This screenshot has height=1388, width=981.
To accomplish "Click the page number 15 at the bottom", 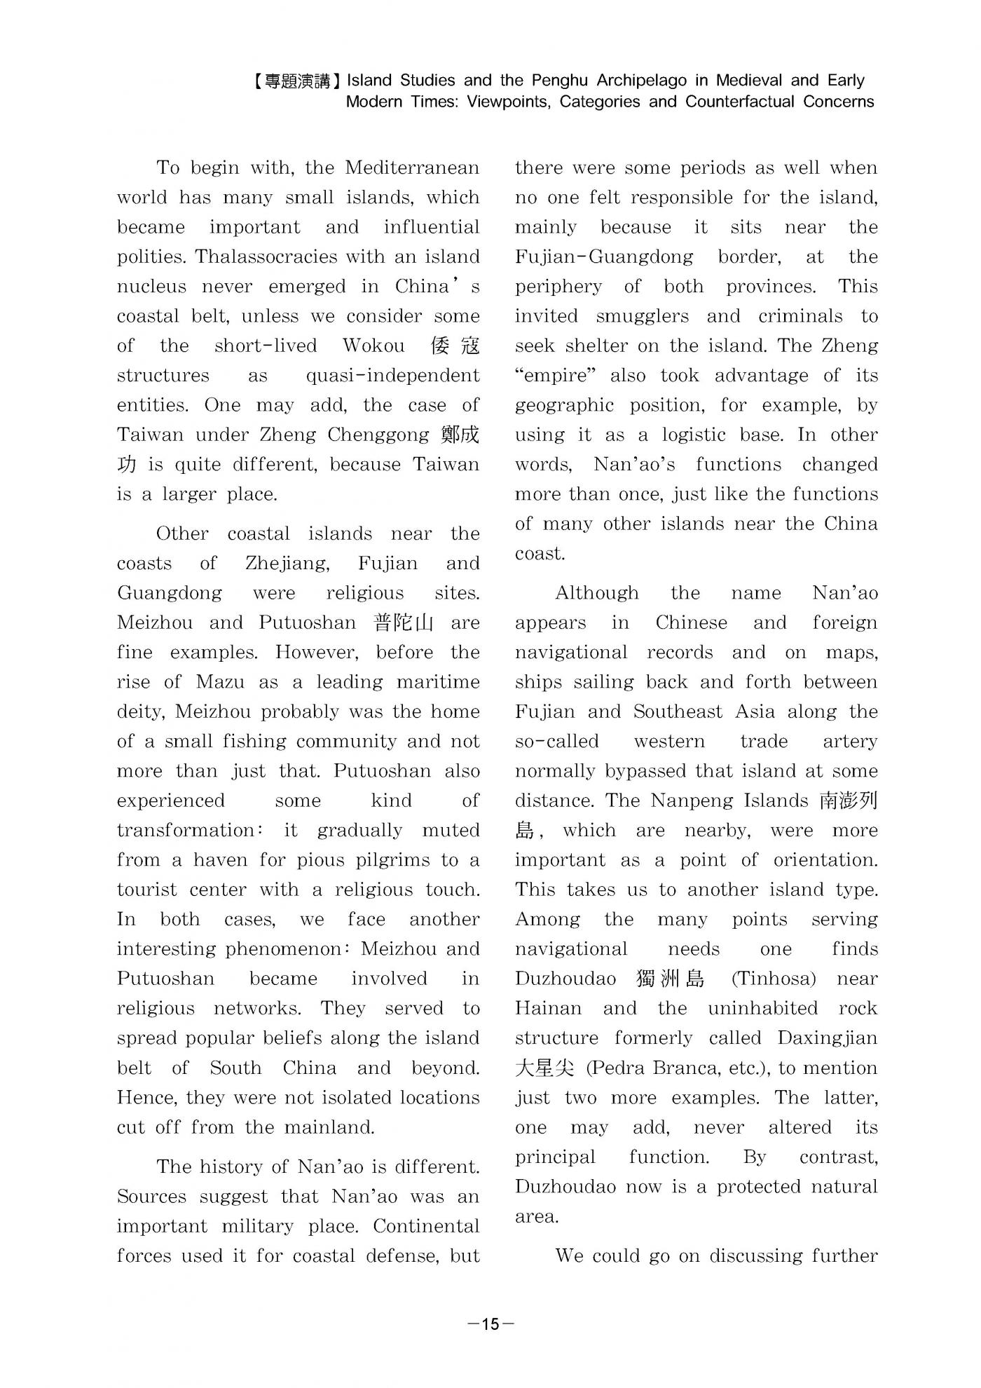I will click(x=490, y=1324).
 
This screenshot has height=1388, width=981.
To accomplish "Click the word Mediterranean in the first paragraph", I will click(x=412, y=168).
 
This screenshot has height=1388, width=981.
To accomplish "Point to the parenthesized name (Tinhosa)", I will click(x=774, y=979).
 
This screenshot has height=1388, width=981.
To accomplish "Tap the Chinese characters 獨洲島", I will click(x=670, y=979).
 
